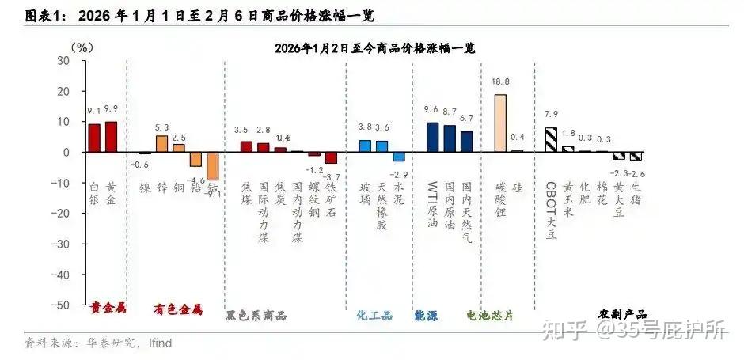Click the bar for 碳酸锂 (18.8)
click(x=500, y=123)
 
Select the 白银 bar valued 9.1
click(x=94, y=138)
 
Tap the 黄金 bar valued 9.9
click(x=112, y=136)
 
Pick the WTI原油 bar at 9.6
click(x=432, y=137)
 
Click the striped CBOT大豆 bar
click(x=551, y=139)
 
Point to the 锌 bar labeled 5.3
click(x=161, y=143)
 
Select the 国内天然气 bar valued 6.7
click(x=466, y=142)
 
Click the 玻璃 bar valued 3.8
click(x=365, y=146)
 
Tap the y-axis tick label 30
click(x=63, y=61)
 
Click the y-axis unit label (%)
click(x=81, y=47)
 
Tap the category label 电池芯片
click(x=490, y=315)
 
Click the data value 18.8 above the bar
click(x=500, y=81)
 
